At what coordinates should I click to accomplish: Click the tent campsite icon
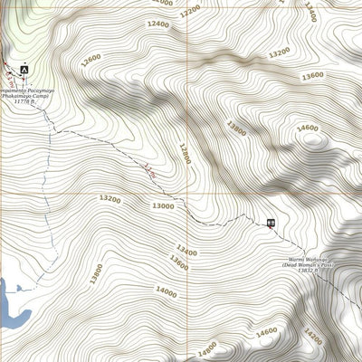[x=24, y=69]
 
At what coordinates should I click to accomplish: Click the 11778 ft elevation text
[x=24, y=101]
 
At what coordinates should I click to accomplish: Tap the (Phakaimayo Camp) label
[x=25, y=95]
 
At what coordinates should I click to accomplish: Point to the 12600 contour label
[x=90, y=60]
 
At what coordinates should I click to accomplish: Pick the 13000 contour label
[x=163, y=206]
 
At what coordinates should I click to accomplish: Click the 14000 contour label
[x=166, y=291]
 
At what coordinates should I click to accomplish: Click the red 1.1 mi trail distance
[x=149, y=169]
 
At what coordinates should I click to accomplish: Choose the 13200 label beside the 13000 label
[x=110, y=198]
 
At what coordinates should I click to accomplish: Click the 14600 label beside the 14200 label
[x=266, y=332]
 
